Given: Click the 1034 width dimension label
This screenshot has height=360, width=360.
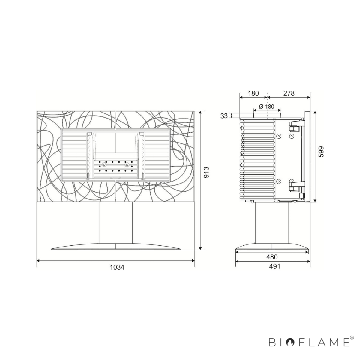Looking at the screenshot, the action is (117, 268).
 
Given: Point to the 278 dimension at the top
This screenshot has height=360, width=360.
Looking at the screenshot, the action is (289, 93).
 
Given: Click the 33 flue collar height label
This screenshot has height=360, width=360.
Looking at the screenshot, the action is (224, 116).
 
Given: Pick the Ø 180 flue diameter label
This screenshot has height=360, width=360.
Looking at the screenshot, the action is (267, 107).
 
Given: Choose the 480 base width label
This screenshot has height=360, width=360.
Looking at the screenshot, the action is (272, 257).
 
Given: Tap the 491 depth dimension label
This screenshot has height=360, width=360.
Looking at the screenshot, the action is (274, 266).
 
